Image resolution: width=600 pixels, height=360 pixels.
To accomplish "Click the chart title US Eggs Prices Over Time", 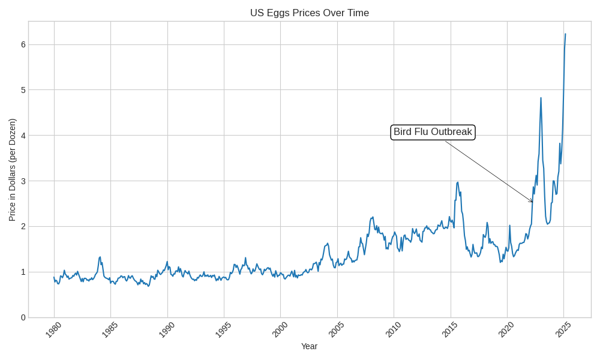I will pos(309,13).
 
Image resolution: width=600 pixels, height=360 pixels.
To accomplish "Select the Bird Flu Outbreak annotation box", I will pos(433,132).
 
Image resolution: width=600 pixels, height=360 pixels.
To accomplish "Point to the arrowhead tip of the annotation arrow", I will pos(533,202).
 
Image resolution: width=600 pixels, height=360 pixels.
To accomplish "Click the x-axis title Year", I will pos(309,346).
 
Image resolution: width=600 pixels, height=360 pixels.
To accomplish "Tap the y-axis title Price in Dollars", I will pos(12,170).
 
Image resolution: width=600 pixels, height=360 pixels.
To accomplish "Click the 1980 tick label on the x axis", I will pos(53,329).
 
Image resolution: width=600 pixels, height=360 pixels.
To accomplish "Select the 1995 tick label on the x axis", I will pos(223,329).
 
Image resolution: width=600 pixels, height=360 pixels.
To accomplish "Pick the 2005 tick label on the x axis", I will pos(337,329).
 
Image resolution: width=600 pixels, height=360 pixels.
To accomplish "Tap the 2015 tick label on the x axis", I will pos(449,329).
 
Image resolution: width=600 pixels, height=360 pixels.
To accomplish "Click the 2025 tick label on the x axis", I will pos(563,329).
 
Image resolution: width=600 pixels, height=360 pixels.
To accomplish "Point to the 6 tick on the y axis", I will pos(23,44).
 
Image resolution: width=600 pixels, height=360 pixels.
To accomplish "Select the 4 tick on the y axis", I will pos(23,136).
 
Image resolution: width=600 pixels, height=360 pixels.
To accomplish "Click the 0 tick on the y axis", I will pos(23,317).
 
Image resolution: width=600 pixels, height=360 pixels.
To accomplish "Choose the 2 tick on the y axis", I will pos(23,226).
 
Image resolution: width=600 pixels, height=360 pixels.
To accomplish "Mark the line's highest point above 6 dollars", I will pos(565,34).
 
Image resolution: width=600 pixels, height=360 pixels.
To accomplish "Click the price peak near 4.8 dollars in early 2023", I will pos(541,98).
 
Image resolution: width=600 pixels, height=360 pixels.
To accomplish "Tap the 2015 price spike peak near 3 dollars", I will pos(458,182).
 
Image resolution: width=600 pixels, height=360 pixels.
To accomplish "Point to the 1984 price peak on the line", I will pos(100,257).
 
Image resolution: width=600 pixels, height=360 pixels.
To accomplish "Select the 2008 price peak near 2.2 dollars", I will pos(373,217).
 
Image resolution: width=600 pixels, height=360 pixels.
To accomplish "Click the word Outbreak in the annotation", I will pos(452,132).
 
